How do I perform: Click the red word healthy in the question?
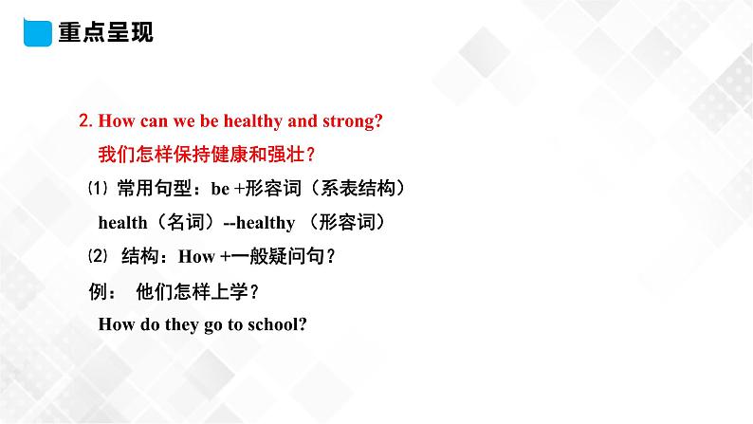(251, 121)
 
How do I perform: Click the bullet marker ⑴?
(92, 189)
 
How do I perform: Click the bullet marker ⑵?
(92, 256)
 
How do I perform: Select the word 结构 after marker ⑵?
(143, 256)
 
